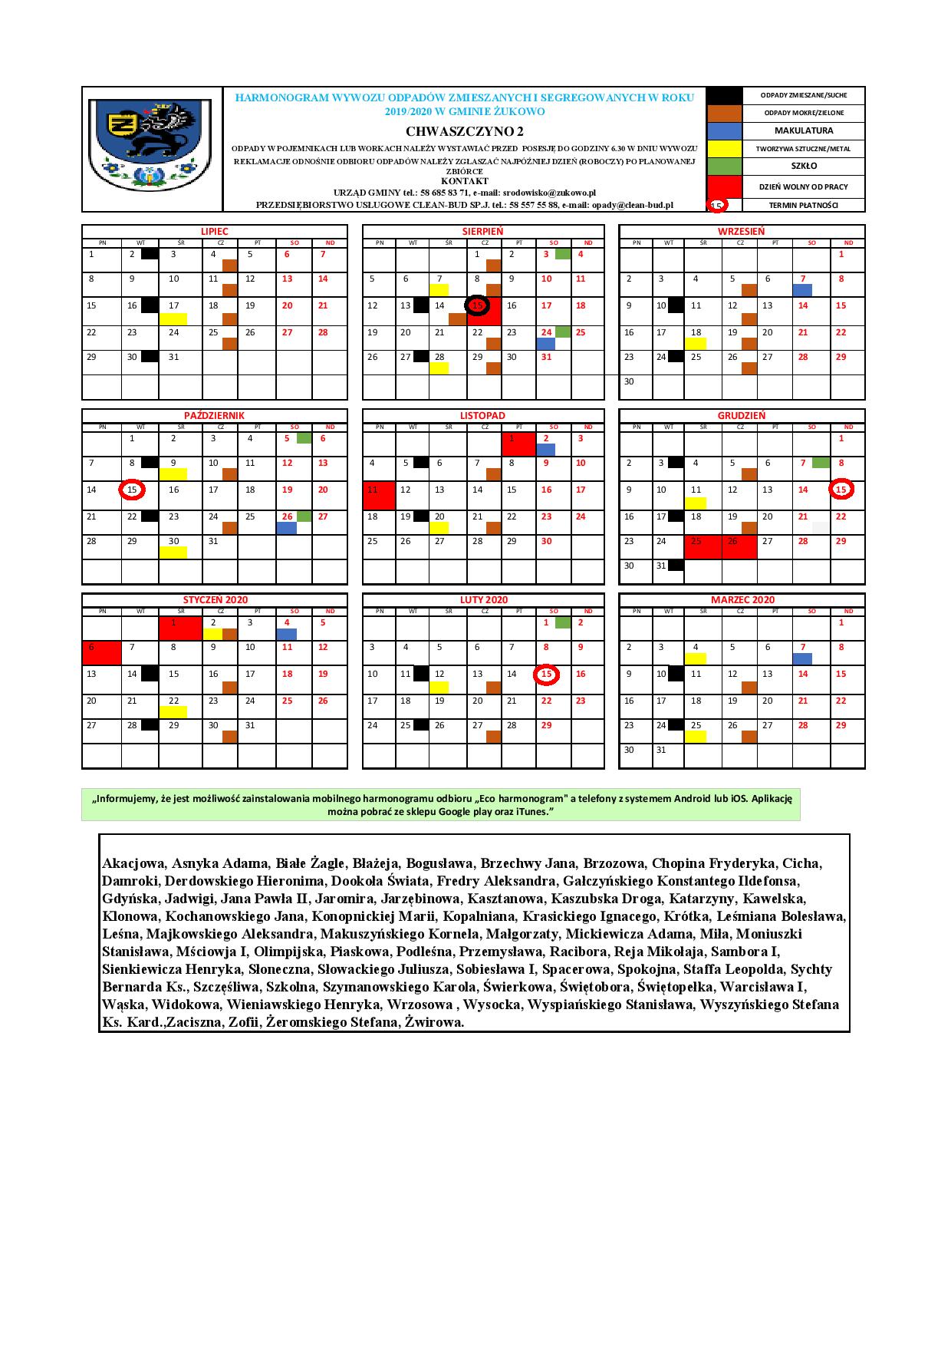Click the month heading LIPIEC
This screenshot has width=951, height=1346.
[x=214, y=231]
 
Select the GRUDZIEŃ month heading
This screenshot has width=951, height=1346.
[x=741, y=415]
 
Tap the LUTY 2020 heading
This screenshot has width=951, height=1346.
[x=483, y=599]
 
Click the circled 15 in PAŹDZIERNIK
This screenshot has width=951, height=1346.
[x=132, y=490]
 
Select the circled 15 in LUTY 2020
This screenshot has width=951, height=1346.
[x=546, y=674]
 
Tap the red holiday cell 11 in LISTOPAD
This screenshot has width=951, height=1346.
[x=379, y=495]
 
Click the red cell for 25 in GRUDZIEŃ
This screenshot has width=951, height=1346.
[x=703, y=546]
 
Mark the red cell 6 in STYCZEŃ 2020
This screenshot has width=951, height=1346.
[x=101, y=652]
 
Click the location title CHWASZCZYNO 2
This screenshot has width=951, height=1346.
[x=465, y=131]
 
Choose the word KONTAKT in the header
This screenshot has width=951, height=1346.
[x=464, y=181]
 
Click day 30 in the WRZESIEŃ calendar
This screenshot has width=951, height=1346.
[x=629, y=381]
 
